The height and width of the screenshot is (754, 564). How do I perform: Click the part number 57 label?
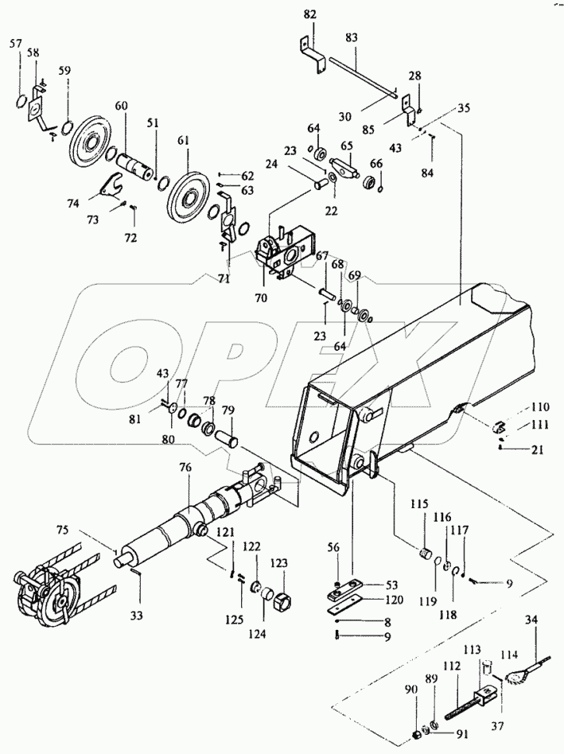tap(16, 44)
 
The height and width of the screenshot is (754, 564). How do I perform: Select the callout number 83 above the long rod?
tap(352, 37)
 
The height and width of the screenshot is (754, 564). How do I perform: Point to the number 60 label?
tap(121, 106)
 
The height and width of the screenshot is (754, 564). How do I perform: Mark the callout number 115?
tap(418, 504)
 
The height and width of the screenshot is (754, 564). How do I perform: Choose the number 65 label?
tap(346, 146)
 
